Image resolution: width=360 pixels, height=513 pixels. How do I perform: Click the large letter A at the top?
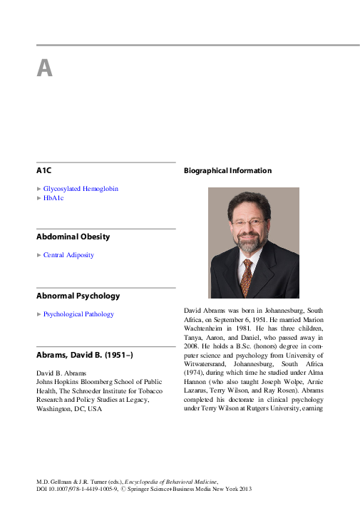[44, 68]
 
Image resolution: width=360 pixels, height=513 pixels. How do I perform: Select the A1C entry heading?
[43, 172]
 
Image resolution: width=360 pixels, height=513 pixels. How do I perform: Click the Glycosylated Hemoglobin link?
[81, 189]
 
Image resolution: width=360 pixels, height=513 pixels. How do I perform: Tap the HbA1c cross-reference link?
[53, 198]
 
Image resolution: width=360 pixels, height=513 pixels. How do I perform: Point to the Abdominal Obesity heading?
[73, 237]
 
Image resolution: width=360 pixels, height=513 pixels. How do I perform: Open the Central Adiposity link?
[68, 255]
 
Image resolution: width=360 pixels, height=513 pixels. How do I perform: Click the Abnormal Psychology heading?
[78, 296]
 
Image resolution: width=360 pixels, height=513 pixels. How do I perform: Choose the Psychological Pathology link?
[78, 314]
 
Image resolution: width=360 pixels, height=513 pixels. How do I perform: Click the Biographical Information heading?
[227, 171]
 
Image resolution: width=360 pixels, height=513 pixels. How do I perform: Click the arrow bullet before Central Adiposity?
[39, 255]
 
